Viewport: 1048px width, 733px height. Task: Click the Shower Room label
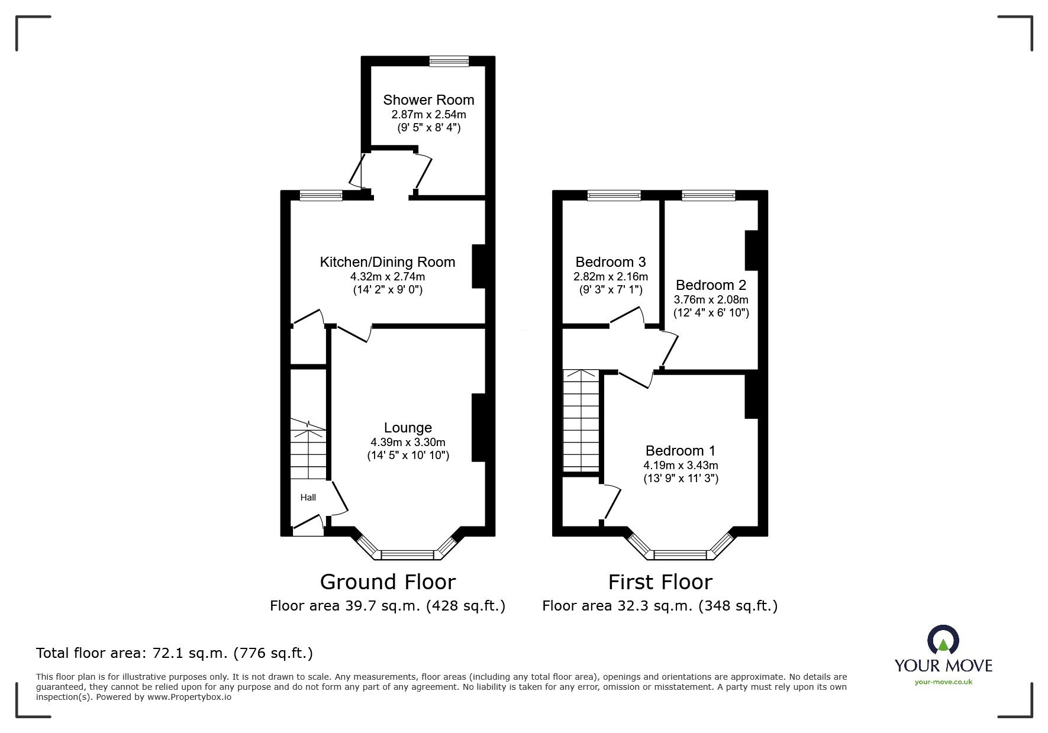(x=428, y=100)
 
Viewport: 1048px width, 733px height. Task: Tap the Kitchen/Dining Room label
(x=388, y=262)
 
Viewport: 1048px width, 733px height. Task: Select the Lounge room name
(x=408, y=428)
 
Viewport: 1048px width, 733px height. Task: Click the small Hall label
(x=308, y=498)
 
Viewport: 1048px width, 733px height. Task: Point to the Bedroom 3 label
(x=611, y=262)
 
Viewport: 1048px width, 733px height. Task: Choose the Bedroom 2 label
(x=711, y=285)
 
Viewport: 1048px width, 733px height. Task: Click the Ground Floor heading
(x=388, y=582)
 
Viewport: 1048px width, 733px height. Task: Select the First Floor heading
(x=660, y=582)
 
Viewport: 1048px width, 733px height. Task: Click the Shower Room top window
(x=449, y=60)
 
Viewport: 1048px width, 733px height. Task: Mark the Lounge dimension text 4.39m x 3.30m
(x=408, y=442)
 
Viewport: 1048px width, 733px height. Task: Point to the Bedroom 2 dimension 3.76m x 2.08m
(x=711, y=299)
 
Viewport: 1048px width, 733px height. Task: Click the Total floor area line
(x=175, y=653)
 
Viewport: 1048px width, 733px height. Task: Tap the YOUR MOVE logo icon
(x=943, y=640)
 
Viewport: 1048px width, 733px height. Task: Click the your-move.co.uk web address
(x=943, y=682)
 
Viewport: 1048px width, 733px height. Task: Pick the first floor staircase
(x=582, y=421)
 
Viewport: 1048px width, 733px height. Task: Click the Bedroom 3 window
(x=614, y=195)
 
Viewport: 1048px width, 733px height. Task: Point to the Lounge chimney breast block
(x=478, y=428)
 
